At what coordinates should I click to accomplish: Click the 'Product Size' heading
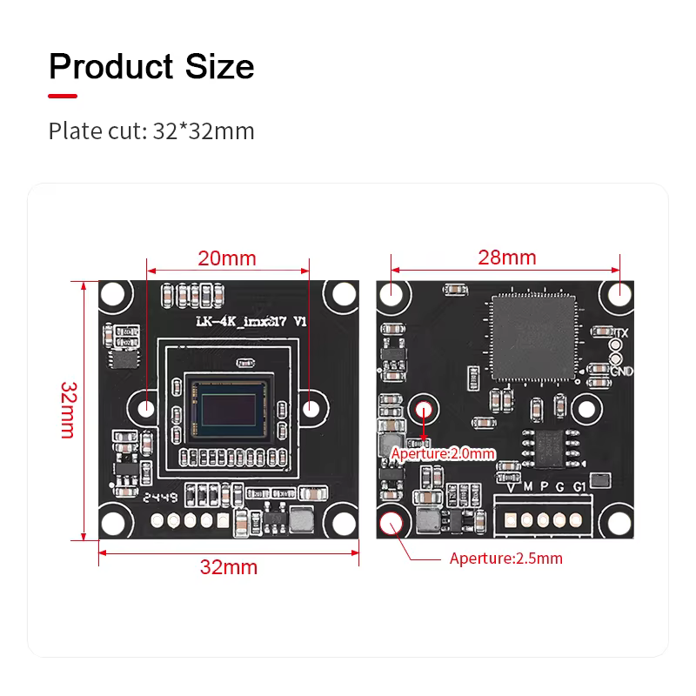(x=151, y=67)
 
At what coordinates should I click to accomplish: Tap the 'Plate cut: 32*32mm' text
(x=151, y=131)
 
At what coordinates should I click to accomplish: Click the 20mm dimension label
(x=227, y=258)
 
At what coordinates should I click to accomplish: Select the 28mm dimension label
(x=506, y=258)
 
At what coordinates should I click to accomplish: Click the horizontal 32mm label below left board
(x=229, y=567)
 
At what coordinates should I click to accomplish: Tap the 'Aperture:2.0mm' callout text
(x=443, y=453)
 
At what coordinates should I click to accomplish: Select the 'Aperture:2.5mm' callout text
(x=505, y=559)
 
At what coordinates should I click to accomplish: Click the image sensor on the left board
(x=229, y=408)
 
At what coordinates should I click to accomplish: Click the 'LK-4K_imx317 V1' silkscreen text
(x=251, y=323)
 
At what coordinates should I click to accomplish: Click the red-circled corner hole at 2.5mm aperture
(x=391, y=523)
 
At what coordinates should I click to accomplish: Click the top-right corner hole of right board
(x=619, y=293)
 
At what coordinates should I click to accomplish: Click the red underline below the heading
(x=63, y=96)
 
